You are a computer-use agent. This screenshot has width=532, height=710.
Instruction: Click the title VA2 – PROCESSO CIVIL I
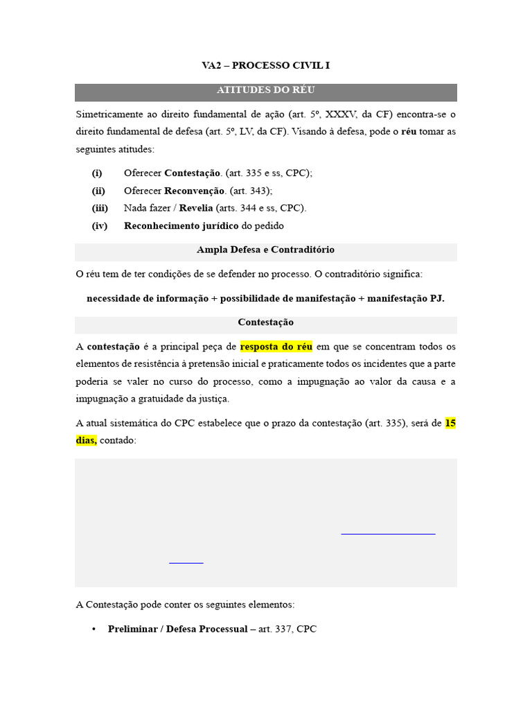[x=266, y=66]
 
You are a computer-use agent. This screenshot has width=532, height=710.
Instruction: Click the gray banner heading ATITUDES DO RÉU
[x=266, y=91]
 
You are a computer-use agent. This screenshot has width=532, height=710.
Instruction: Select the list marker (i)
[x=97, y=173]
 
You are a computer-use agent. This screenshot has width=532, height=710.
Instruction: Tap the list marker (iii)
[x=100, y=208]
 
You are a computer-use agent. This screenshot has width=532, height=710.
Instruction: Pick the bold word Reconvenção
[x=195, y=190]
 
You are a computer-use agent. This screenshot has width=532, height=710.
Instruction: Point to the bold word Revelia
[x=196, y=208]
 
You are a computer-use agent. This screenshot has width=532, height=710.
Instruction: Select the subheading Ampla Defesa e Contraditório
[x=266, y=250]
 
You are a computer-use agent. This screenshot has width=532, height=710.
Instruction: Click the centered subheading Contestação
[x=266, y=322]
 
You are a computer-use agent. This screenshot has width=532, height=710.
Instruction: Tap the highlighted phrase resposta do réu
[x=276, y=346]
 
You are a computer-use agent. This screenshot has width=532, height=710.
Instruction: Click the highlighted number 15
[x=450, y=422]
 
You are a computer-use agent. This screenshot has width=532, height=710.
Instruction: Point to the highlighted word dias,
[x=86, y=440]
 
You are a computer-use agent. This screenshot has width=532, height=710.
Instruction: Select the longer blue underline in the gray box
[x=389, y=534]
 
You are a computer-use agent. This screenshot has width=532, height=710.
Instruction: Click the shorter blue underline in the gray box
[x=186, y=563]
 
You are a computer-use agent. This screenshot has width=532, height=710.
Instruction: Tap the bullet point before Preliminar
[x=93, y=630]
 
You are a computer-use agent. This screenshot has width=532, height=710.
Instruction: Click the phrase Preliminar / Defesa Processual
[x=177, y=629]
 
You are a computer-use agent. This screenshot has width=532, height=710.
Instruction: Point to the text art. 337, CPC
[x=287, y=629]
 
